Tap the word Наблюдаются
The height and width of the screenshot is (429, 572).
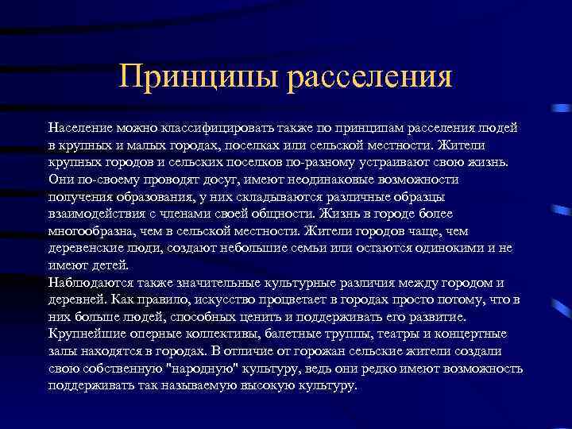point(89,283)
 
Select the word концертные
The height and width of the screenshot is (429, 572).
point(477,334)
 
